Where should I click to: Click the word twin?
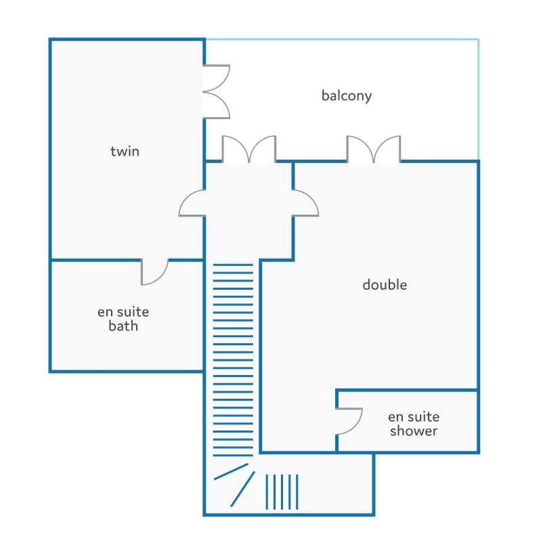coord(125,152)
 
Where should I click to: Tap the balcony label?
coord(346,95)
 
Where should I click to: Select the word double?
coord(385,284)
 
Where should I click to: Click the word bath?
coord(123,326)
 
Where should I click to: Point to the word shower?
coord(414,431)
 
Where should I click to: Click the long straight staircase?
coord(233,360)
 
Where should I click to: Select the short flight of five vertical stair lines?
coord(282,492)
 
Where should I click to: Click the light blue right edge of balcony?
coord(478,100)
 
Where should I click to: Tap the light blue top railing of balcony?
coord(342,39)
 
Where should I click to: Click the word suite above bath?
coord(133,312)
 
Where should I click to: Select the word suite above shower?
coord(423,417)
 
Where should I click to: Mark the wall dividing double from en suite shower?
coord(407,390)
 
